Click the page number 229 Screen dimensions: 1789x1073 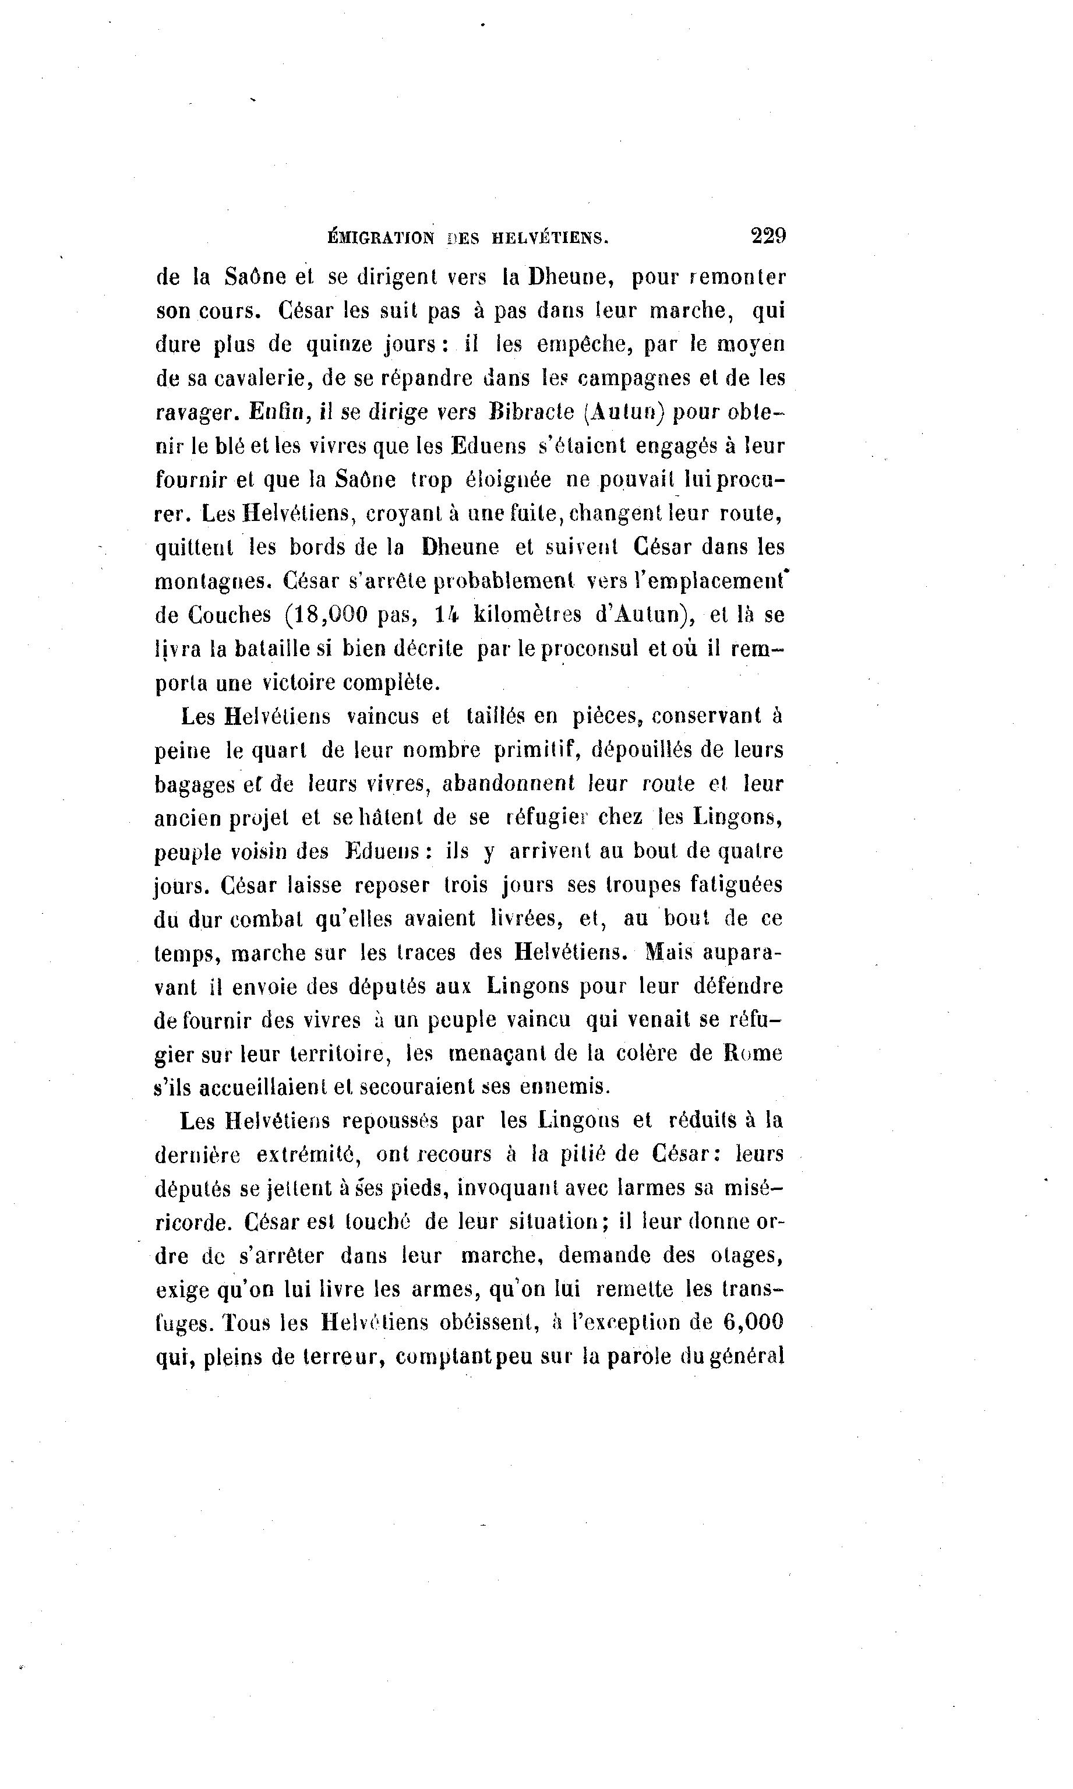(768, 236)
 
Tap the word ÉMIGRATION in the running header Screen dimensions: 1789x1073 (381, 237)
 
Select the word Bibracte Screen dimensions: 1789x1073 (531, 411)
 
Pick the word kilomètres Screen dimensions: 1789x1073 (527, 615)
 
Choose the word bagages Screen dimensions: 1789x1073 (195, 784)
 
